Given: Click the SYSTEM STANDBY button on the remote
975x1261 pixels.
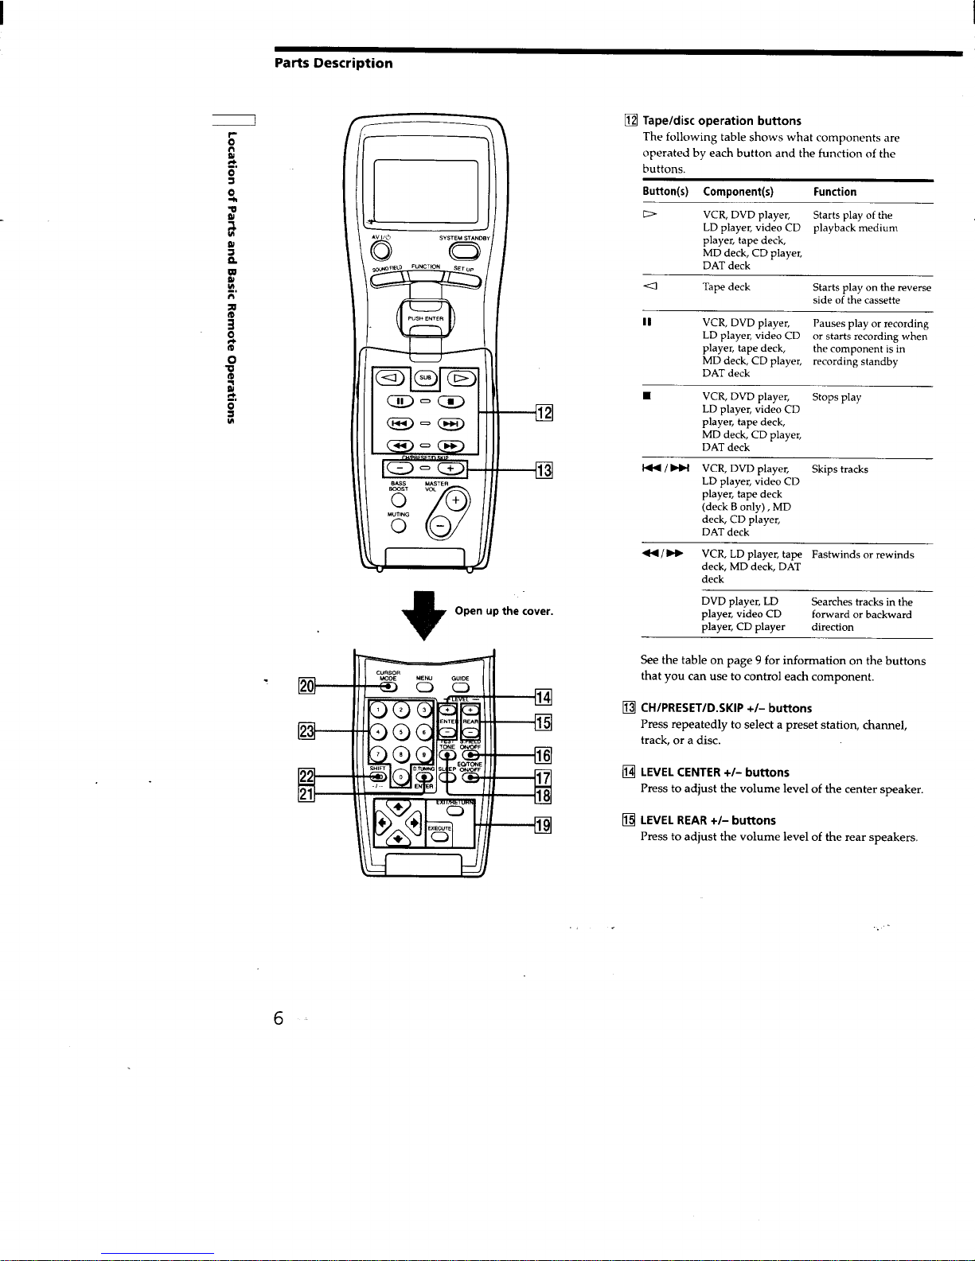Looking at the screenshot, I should [462, 251].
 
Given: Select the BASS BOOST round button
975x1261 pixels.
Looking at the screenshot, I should [400, 500].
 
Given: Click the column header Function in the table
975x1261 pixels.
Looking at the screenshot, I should [834, 192].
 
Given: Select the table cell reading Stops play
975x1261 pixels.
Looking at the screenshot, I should [837, 397].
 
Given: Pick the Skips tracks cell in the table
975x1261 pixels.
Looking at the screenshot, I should [840, 469].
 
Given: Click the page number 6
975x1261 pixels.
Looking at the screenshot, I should [278, 1018].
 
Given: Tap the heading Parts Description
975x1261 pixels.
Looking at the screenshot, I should [333, 64].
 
